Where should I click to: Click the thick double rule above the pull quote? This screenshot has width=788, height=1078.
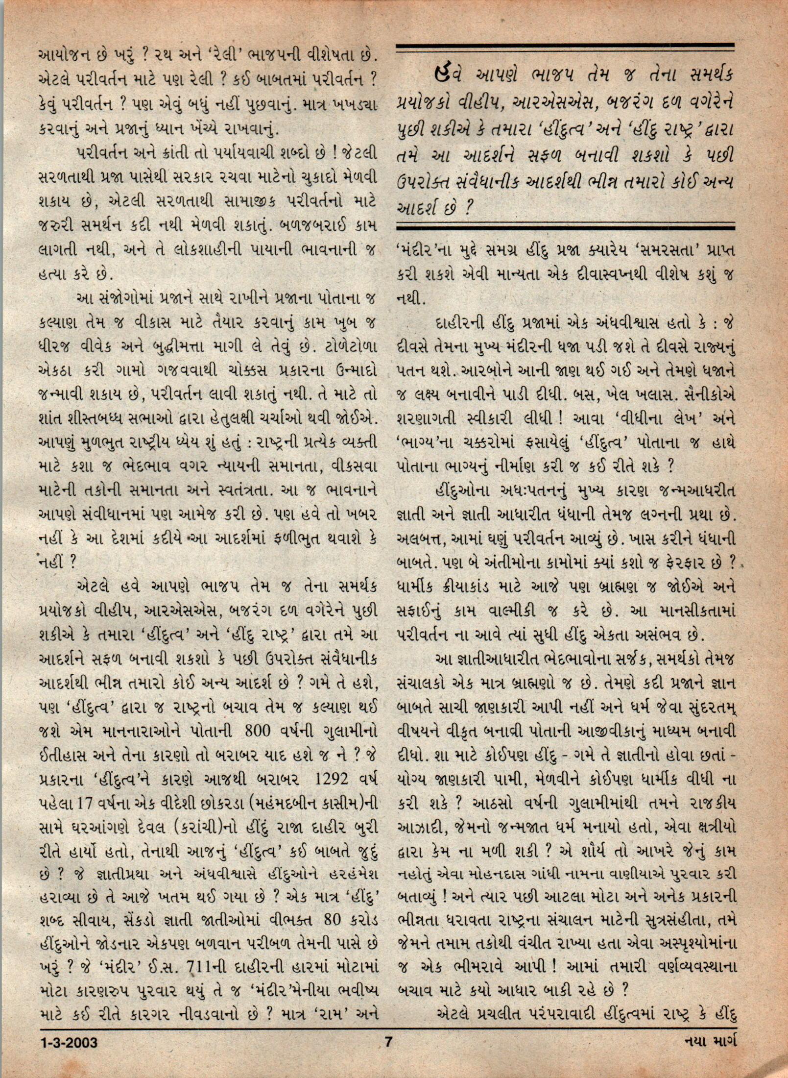point(565,48)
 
